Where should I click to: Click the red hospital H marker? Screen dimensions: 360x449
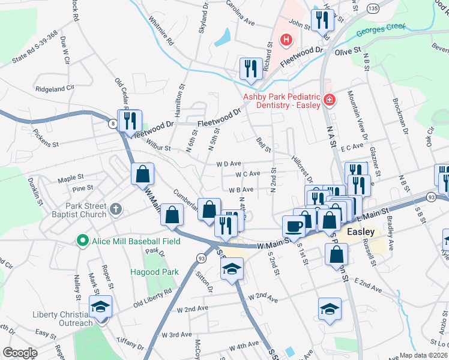(x=286, y=41)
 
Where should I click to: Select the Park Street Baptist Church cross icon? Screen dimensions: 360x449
(x=116, y=209)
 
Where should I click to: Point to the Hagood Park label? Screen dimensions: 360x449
(x=155, y=272)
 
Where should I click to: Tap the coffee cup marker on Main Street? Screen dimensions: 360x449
(x=294, y=226)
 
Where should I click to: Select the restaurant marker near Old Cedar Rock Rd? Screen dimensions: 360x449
(x=130, y=120)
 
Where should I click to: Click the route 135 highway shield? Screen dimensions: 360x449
(x=373, y=8)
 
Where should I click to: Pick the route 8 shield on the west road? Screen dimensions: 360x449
(x=112, y=124)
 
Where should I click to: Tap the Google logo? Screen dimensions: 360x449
(x=20, y=352)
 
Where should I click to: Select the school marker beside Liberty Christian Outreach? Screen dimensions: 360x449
(x=101, y=307)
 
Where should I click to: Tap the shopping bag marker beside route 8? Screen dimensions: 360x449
(x=143, y=174)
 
